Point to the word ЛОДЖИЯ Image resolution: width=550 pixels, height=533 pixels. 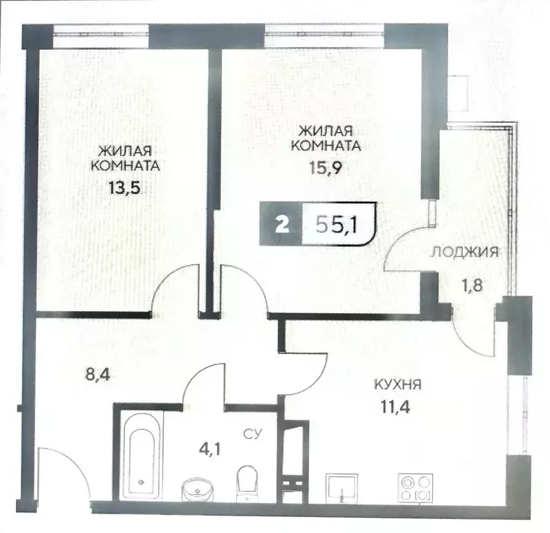[x=464, y=252]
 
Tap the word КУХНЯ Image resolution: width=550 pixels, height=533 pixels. [x=398, y=384]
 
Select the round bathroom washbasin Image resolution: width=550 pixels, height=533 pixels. [x=198, y=489]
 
